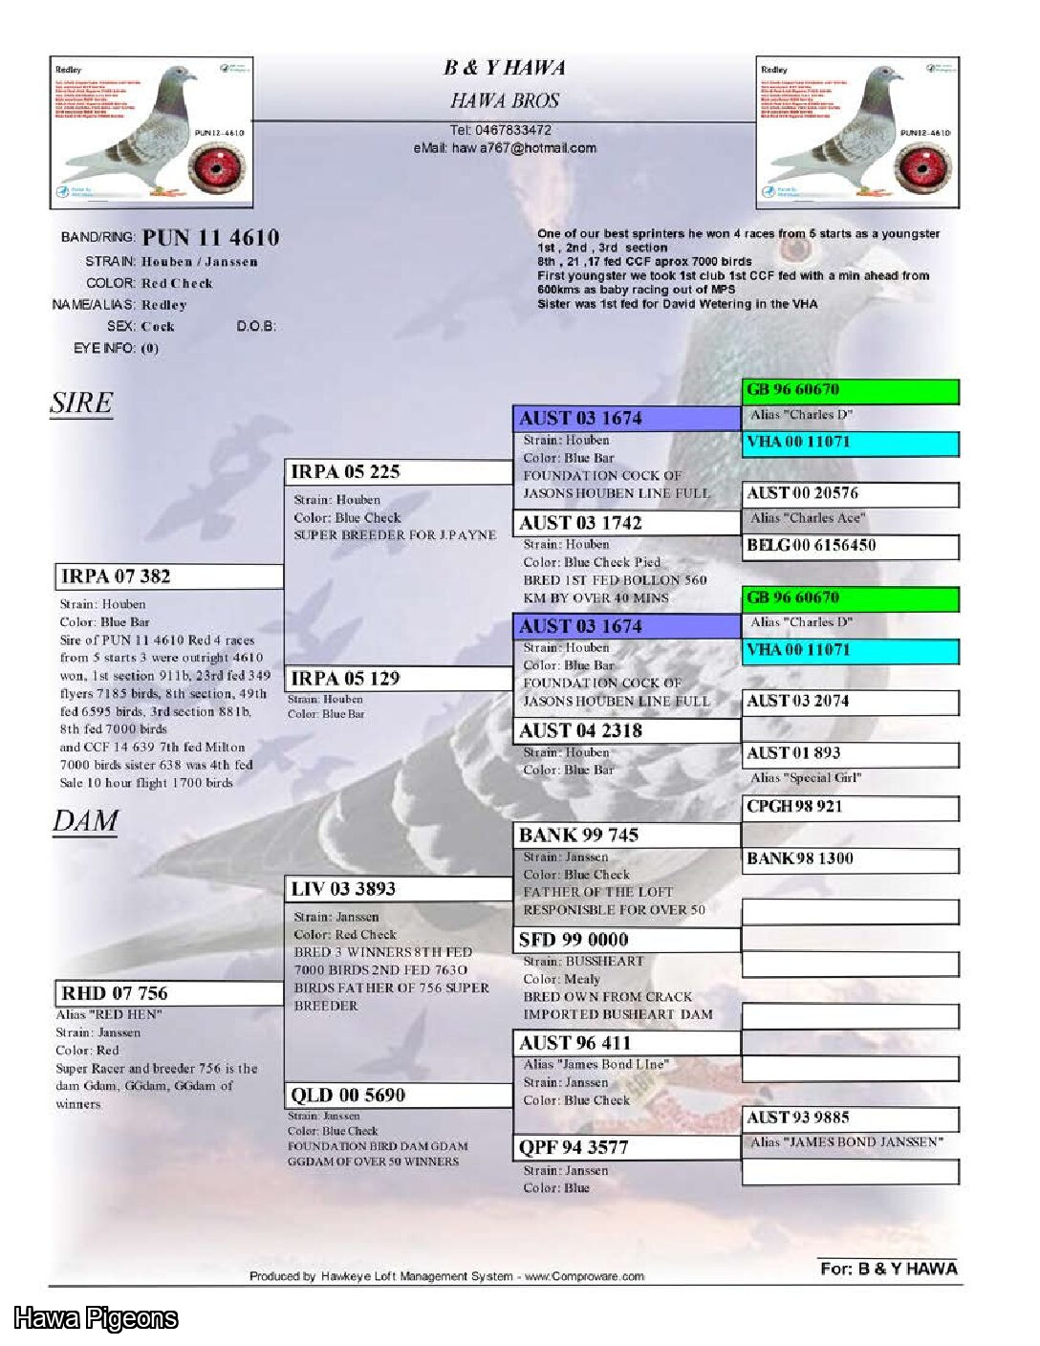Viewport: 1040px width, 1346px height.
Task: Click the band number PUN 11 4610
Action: click(210, 238)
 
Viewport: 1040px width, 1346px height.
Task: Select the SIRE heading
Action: click(81, 403)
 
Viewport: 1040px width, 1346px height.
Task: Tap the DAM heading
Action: click(85, 821)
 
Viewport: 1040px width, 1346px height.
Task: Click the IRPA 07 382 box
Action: click(169, 576)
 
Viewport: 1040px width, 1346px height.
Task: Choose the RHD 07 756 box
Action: click(169, 993)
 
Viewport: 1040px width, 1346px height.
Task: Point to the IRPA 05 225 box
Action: click(400, 472)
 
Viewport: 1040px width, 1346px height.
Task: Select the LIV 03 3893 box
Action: click(399, 889)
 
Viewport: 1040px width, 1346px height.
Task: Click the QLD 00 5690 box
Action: click(399, 1096)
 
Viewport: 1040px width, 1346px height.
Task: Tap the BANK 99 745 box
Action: click(626, 836)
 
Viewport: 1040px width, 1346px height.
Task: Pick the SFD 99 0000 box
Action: click(626, 940)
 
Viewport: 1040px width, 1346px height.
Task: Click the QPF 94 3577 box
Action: click(626, 1147)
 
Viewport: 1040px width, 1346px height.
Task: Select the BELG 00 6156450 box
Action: click(850, 546)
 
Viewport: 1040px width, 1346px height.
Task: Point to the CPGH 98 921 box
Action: click(850, 807)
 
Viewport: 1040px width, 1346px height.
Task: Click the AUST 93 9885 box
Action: click(850, 1118)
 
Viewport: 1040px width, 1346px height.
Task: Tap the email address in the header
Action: click(505, 148)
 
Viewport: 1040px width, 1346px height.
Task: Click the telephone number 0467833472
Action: click(500, 130)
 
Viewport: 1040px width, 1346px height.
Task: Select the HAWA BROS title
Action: click(505, 100)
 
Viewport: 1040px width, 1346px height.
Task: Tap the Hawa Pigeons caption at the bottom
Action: click(96, 1318)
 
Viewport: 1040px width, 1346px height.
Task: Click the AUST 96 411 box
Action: click(626, 1043)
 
